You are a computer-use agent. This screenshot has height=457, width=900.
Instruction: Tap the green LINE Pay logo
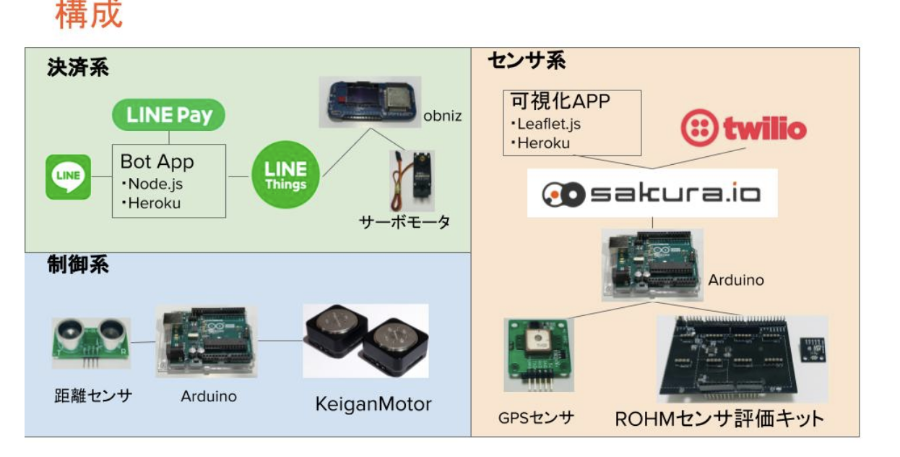click(169, 115)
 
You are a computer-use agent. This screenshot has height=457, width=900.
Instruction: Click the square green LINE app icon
click(69, 177)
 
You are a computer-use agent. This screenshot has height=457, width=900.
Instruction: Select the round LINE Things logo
click(285, 175)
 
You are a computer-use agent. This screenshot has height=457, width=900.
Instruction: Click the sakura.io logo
click(652, 194)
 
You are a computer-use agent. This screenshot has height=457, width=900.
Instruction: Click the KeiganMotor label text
click(373, 403)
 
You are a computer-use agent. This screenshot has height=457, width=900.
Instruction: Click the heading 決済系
click(78, 68)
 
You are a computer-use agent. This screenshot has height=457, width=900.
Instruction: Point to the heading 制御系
click(78, 265)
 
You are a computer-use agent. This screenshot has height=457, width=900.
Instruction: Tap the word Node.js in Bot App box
click(155, 184)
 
